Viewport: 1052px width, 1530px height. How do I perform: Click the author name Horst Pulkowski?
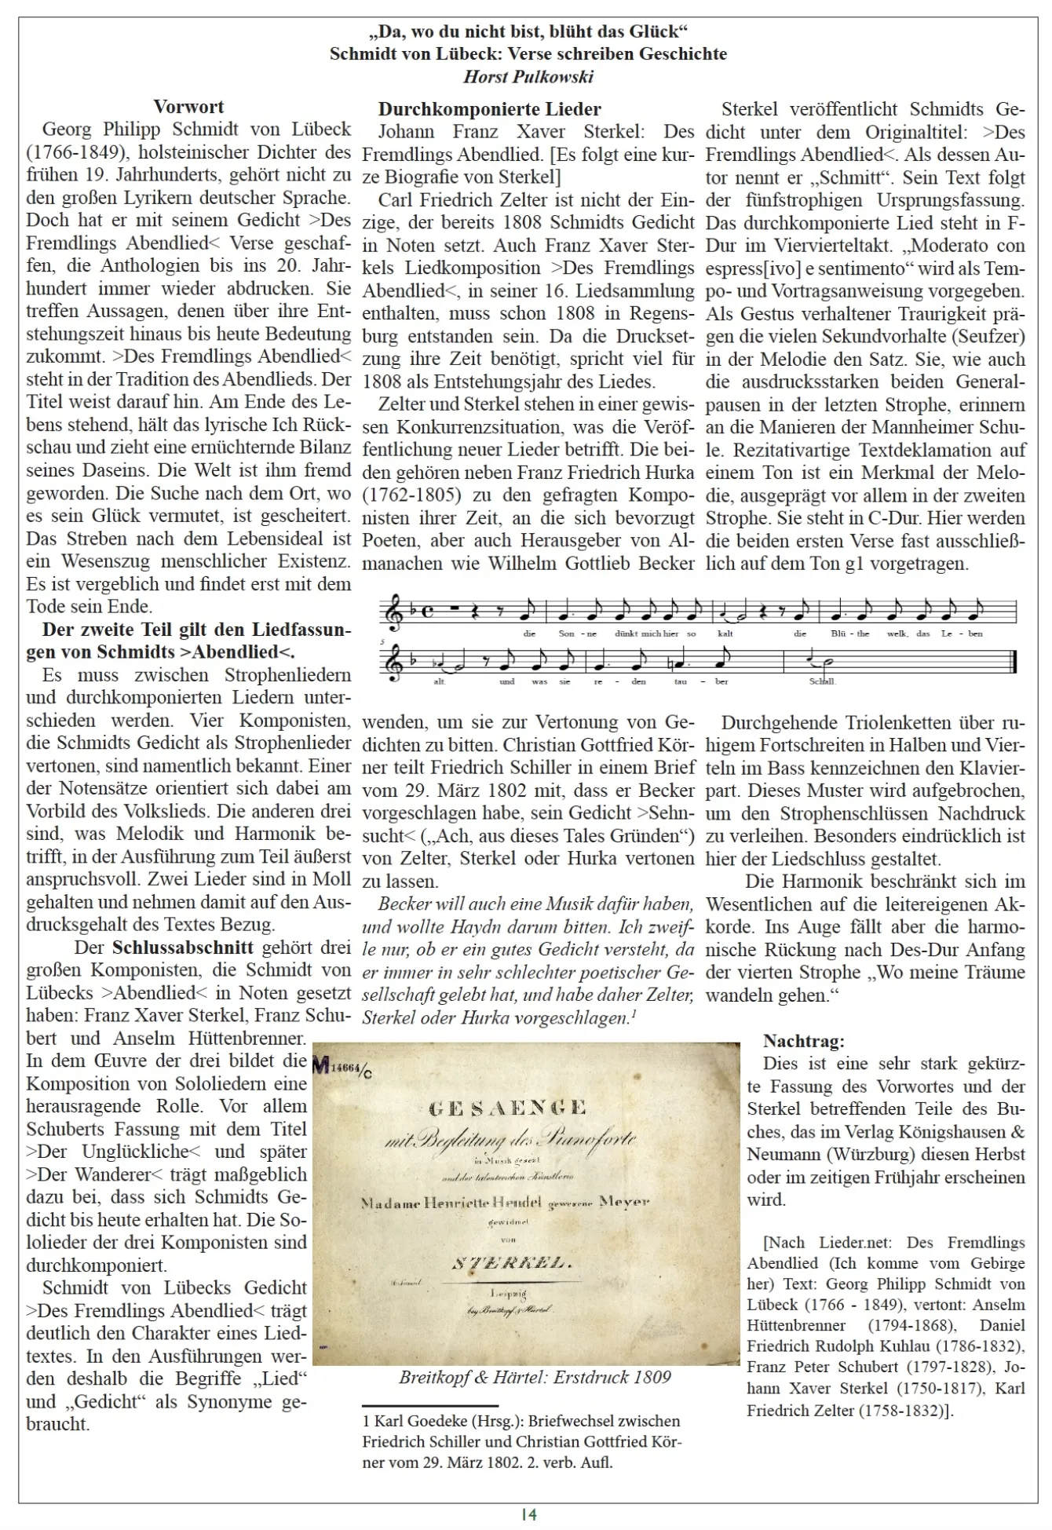click(528, 76)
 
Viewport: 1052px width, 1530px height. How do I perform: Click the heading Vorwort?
click(188, 107)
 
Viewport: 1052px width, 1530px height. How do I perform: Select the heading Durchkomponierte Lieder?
click(489, 109)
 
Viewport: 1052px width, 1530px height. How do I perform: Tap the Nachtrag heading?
click(803, 1041)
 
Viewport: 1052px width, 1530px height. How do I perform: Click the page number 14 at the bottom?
click(528, 1514)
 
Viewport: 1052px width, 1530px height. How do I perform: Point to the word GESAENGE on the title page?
click(508, 1108)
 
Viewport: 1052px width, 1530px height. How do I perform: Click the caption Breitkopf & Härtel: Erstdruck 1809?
click(535, 1377)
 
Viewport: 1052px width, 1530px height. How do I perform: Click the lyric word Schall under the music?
click(822, 681)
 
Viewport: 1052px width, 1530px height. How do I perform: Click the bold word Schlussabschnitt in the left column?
click(182, 948)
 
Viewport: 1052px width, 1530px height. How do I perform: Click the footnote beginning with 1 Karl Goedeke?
click(521, 1441)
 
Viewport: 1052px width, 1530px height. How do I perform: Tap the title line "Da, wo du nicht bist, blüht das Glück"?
click(528, 31)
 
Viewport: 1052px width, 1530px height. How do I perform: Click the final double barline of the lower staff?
click(1014, 662)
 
